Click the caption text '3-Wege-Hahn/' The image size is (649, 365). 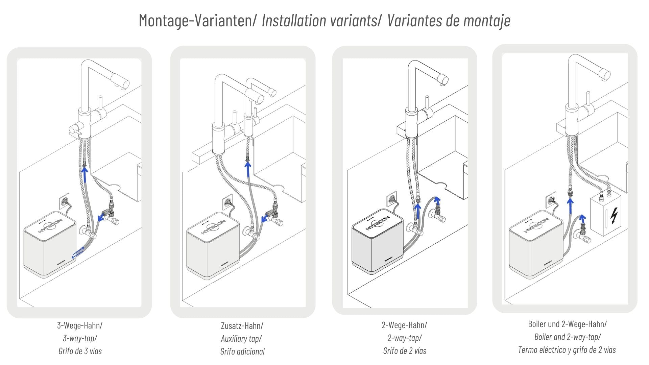tap(80, 325)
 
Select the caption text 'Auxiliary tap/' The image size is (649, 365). tap(241, 338)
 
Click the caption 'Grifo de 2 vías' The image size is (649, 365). tap(405, 351)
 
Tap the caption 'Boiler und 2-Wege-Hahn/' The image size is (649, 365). tap(567, 324)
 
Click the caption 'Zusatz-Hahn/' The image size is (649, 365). tap(242, 326)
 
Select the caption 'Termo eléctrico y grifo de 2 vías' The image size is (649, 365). tap(567, 350)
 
